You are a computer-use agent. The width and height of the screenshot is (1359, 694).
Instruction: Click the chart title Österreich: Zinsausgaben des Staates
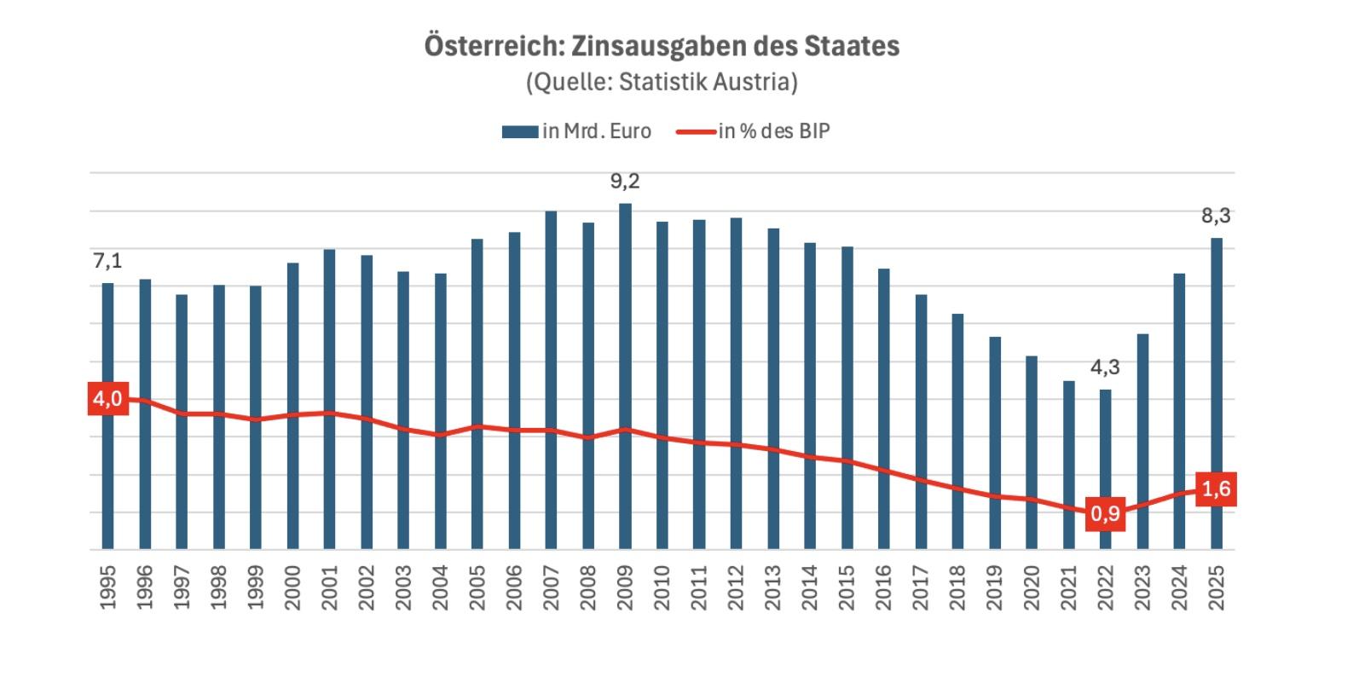coord(662,45)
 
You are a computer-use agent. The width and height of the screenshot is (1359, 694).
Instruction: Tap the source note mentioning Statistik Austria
coord(662,82)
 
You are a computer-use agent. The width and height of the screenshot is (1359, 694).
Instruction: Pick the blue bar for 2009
coord(625,375)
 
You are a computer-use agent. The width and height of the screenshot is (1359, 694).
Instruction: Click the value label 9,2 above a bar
coord(625,182)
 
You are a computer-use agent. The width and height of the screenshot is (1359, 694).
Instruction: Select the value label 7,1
coord(107,261)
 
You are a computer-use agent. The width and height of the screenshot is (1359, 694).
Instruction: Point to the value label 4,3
coord(1105,367)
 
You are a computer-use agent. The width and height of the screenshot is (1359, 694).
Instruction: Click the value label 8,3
coord(1216,216)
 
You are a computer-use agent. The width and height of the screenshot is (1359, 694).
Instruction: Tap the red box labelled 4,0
coord(108,399)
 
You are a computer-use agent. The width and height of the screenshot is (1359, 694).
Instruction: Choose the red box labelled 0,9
coord(1105,513)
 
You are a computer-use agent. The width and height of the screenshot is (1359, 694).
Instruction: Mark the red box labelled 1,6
coord(1216,489)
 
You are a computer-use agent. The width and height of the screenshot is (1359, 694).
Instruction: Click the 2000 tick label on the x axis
coord(292,587)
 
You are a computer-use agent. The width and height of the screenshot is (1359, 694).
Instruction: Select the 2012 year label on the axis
coord(736,587)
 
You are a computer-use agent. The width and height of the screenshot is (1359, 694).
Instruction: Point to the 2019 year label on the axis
coord(994,587)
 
